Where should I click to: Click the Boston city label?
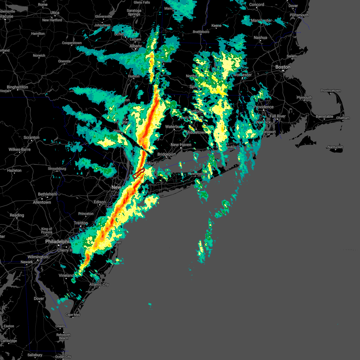click(x=283, y=67)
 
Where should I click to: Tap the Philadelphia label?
click(x=58, y=241)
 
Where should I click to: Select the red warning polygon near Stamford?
click(x=139, y=173)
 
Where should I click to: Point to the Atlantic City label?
click(x=99, y=284)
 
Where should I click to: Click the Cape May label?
click(x=73, y=315)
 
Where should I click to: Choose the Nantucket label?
click(x=335, y=147)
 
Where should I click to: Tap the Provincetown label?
click(x=331, y=91)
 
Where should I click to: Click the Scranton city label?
click(x=31, y=137)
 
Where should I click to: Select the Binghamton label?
click(x=17, y=87)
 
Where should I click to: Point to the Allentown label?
click(x=42, y=202)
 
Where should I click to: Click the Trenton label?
click(x=81, y=223)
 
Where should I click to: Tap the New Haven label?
click(x=181, y=145)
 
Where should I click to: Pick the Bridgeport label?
click(x=166, y=154)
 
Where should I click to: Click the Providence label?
click(x=264, y=107)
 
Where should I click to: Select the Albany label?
click(x=136, y=46)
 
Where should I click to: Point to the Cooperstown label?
click(x=72, y=43)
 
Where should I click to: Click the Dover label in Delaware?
click(x=39, y=298)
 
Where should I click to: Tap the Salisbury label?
click(x=35, y=355)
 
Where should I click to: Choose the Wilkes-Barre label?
click(x=19, y=149)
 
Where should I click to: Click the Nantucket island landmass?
click(x=335, y=150)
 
